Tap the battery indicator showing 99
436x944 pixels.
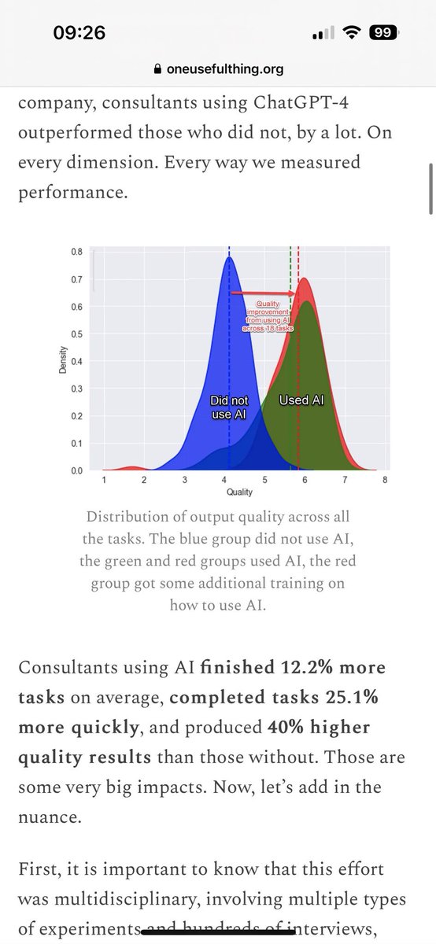tap(383, 33)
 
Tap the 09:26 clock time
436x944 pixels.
tap(79, 33)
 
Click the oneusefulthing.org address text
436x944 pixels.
tap(225, 69)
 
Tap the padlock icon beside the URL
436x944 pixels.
tap(158, 69)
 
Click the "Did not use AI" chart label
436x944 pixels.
tap(229, 407)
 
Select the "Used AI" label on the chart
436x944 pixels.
tap(301, 400)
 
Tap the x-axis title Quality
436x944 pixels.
tap(239, 492)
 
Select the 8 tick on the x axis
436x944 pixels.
tap(383, 479)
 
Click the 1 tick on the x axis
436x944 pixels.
tap(105, 479)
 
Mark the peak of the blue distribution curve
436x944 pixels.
tap(229, 258)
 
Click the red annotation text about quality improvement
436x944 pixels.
tap(268, 315)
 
